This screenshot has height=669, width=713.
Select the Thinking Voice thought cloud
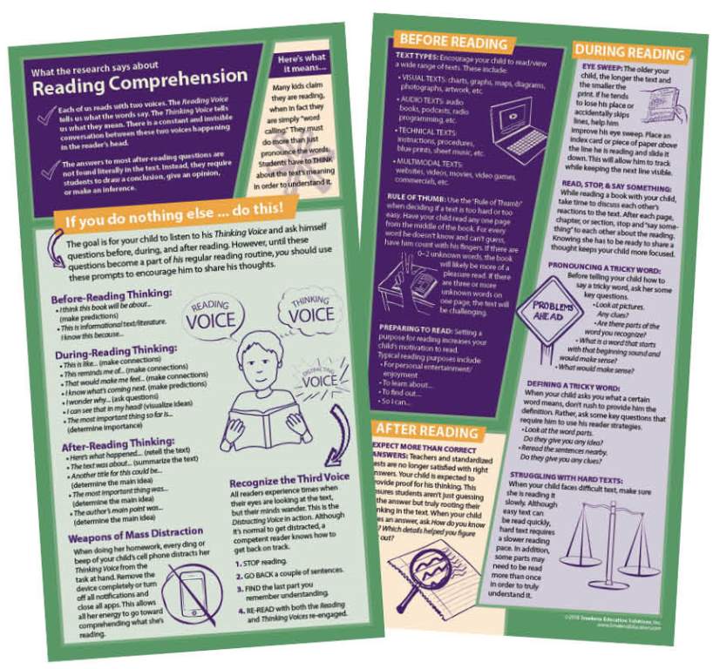[x=309, y=309]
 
